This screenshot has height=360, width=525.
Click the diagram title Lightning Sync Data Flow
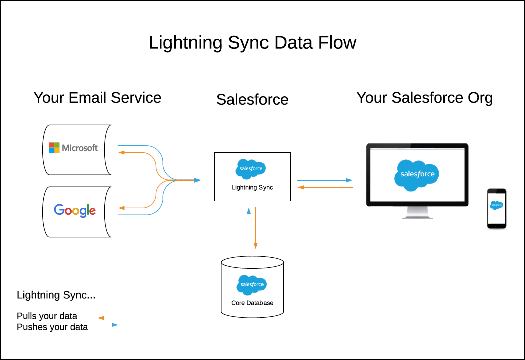252,43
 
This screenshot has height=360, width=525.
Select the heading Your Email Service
97,97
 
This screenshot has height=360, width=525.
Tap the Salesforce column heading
252,99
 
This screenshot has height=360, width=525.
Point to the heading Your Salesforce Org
424,98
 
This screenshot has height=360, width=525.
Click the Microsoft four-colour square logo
54,148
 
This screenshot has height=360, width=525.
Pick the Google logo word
75,210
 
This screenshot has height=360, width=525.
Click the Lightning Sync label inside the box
252,188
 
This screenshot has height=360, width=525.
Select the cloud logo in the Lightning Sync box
250,169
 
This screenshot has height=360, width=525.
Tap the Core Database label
252,303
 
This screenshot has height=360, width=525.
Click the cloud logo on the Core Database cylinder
251,285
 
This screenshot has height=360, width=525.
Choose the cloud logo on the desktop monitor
417,174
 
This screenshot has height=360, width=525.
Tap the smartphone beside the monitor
496,208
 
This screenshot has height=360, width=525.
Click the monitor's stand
417,214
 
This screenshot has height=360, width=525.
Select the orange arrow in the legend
108,317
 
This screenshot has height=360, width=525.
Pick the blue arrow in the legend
108,325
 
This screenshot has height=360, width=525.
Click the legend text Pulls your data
47,316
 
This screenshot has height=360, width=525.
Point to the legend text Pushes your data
52,327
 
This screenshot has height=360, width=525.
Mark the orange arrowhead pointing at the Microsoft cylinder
121,152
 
